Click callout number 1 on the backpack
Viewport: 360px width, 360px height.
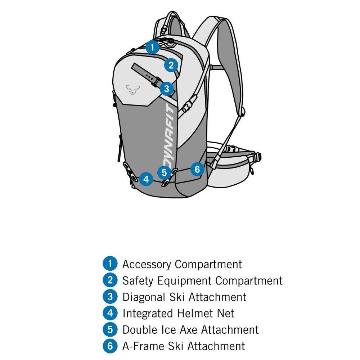(x=152, y=47)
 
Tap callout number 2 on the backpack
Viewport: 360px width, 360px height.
(x=171, y=65)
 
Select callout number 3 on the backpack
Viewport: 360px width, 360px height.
(x=167, y=89)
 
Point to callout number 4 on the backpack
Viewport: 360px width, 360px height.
(x=146, y=179)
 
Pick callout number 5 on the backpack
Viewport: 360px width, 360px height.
(x=164, y=172)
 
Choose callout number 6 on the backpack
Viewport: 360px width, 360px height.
(x=197, y=169)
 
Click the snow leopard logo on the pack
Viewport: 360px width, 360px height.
(x=133, y=90)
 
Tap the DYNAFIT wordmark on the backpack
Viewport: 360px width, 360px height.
(x=170, y=135)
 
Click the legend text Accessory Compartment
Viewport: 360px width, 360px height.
(x=182, y=264)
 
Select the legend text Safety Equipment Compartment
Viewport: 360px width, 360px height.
(x=202, y=281)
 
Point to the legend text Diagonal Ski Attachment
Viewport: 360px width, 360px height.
(x=184, y=297)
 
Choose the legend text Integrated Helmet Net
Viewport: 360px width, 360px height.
(x=179, y=314)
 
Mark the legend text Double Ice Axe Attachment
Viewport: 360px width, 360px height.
(x=190, y=330)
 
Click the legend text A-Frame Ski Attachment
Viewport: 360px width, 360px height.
(x=184, y=346)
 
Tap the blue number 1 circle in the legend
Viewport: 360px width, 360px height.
(x=110, y=264)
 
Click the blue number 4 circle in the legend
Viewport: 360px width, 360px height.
(x=110, y=313)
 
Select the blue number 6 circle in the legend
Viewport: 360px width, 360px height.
(x=110, y=346)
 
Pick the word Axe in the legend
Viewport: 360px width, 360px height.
(x=189, y=330)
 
